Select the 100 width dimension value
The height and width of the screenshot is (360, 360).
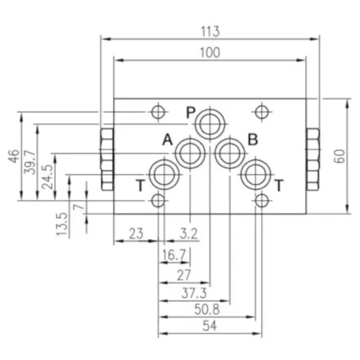tap(210, 53)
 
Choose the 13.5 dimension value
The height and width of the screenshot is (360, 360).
tap(62, 223)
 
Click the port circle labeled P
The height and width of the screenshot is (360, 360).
tap(210, 124)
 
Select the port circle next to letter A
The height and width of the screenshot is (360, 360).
tap(190, 153)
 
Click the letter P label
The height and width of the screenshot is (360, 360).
tap(190, 112)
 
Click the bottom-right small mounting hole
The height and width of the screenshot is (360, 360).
tap(262, 200)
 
